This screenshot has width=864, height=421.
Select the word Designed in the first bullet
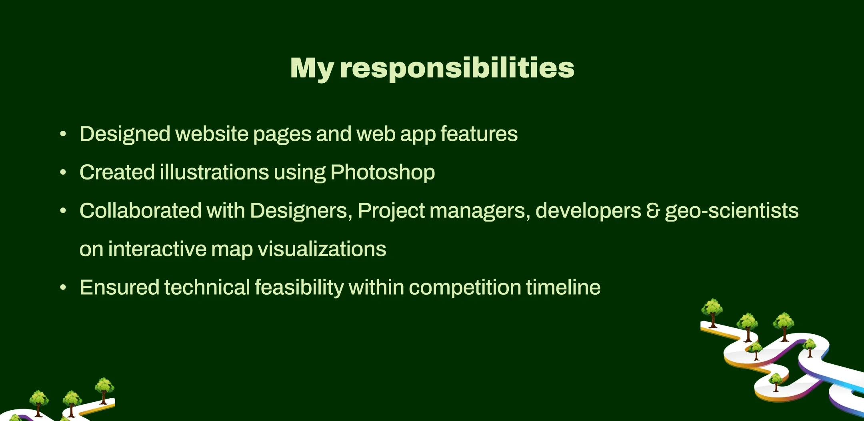[x=125, y=134]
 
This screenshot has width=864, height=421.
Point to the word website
[x=212, y=134]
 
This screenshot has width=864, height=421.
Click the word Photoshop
[x=383, y=173]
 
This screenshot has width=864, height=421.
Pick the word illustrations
[x=214, y=172]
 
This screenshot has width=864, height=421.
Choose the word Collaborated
[x=140, y=210]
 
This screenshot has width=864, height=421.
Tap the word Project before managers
[x=391, y=211]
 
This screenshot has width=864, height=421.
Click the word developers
[x=588, y=211]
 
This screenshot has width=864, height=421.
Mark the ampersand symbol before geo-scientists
[x=653, y=211]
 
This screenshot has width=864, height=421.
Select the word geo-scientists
[x=732, y=211]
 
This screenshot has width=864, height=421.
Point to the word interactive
[x=157, y=249]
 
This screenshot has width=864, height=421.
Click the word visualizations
[x=322, y=249]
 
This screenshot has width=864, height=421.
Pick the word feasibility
[x=299, y=288]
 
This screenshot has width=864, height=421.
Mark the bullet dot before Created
[x=63, y=173]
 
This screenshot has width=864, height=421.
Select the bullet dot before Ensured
[x=63, y=288]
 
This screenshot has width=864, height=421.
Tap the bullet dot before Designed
[x=63, y=134]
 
